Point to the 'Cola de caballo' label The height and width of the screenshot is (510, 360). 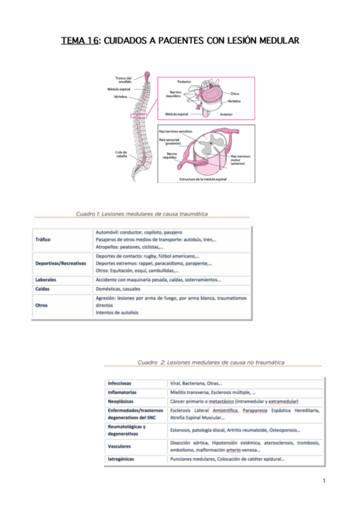pos(121,154)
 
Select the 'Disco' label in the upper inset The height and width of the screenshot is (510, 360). pos(236,94)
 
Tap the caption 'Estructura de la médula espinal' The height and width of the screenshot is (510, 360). pos(206,179)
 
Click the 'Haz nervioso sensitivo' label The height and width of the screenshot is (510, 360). pos(175,131)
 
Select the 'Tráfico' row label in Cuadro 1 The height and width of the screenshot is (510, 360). pos(43,239)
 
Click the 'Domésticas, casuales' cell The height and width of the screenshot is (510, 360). pos(116,289)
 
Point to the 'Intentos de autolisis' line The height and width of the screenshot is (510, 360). pos(117,312)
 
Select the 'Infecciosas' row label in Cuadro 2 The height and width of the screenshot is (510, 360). pos(120,383)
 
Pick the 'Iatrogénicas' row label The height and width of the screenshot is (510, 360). pos(121,459)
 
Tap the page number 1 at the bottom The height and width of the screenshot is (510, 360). pos(323,481)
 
